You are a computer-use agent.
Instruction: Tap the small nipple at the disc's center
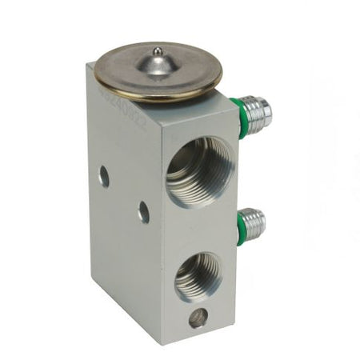click(157, 53)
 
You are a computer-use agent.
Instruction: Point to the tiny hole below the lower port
click(196, 319)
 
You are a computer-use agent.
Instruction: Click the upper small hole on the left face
click(104, 175)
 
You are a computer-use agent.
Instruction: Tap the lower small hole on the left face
click(143, 211)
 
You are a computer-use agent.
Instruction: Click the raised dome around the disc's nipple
click(158, 65)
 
